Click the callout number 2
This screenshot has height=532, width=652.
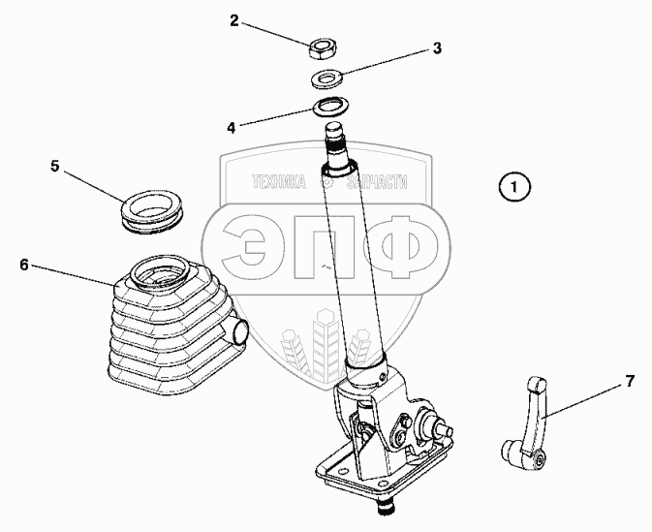[x=235, y=20]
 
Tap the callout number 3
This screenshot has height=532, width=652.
[x=437, y=47]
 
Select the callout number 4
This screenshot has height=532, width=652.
[x=232, y=127]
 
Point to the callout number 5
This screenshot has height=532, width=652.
[x=55, y=166]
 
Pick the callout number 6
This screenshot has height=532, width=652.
[x=24, y=265]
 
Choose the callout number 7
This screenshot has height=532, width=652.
[x=631, y=381]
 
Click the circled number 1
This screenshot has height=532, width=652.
[x=514, y=187]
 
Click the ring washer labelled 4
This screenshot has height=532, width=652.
[x=331, y=108]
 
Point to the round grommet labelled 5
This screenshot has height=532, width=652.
[x=152, y=210]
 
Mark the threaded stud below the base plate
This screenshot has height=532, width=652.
[x=386, y=508]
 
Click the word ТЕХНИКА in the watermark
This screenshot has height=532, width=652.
[x=279, y=182]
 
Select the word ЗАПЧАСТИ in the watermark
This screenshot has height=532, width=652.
[x=377, y=182]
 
